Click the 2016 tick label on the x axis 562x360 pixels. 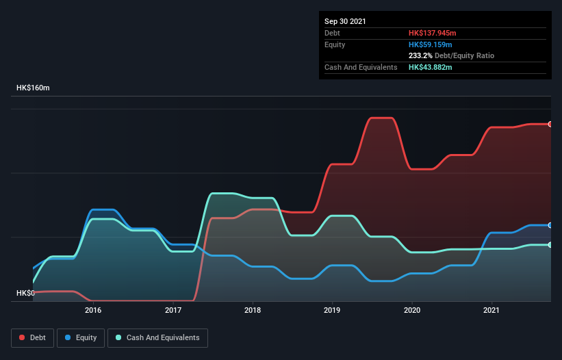click(x=93, y=310)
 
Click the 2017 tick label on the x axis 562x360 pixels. click(x=173, y=310)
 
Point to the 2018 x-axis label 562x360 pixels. click(x=253, y=310)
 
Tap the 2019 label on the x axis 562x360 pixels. click(x=332, y=310)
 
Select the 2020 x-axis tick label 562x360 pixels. click(x=412, y=310)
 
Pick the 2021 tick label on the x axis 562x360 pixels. click(x=491, y=310)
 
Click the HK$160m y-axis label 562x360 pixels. click(x=34, y=88)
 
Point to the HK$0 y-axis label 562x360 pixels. click(x=25, y=293)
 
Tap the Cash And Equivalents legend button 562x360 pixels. click(x=157, y=337)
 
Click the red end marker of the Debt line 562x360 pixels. click(x=550, y=124)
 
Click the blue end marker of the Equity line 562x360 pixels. click(x=550, y=225)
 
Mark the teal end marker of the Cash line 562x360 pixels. click(x=550, y=244)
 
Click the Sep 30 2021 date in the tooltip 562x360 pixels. click(x=345, y=21)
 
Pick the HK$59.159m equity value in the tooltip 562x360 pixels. click(x=431, y=44)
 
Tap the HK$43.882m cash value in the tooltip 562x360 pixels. click(x=431, y=67)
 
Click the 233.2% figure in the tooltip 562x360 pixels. click(x=421, y=55)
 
